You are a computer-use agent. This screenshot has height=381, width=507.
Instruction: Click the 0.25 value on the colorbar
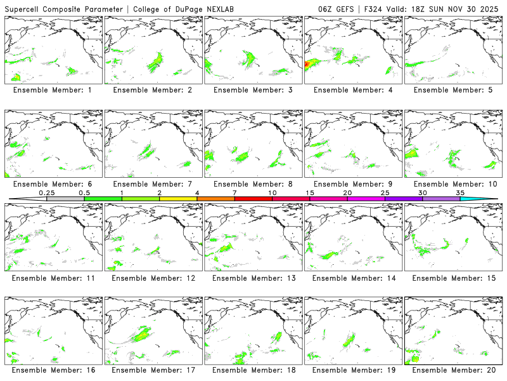47,192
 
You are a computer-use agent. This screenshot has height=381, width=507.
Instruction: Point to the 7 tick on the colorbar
234,192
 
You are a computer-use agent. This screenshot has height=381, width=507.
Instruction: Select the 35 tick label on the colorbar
460,192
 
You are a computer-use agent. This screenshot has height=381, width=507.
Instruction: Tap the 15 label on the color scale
310,192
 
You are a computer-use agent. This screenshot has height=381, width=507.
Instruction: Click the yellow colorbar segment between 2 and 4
178,199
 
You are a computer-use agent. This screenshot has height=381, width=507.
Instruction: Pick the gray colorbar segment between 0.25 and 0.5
65,199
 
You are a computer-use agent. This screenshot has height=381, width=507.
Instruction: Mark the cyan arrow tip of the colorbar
491,199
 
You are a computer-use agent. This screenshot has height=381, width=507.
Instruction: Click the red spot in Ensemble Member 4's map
308,64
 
